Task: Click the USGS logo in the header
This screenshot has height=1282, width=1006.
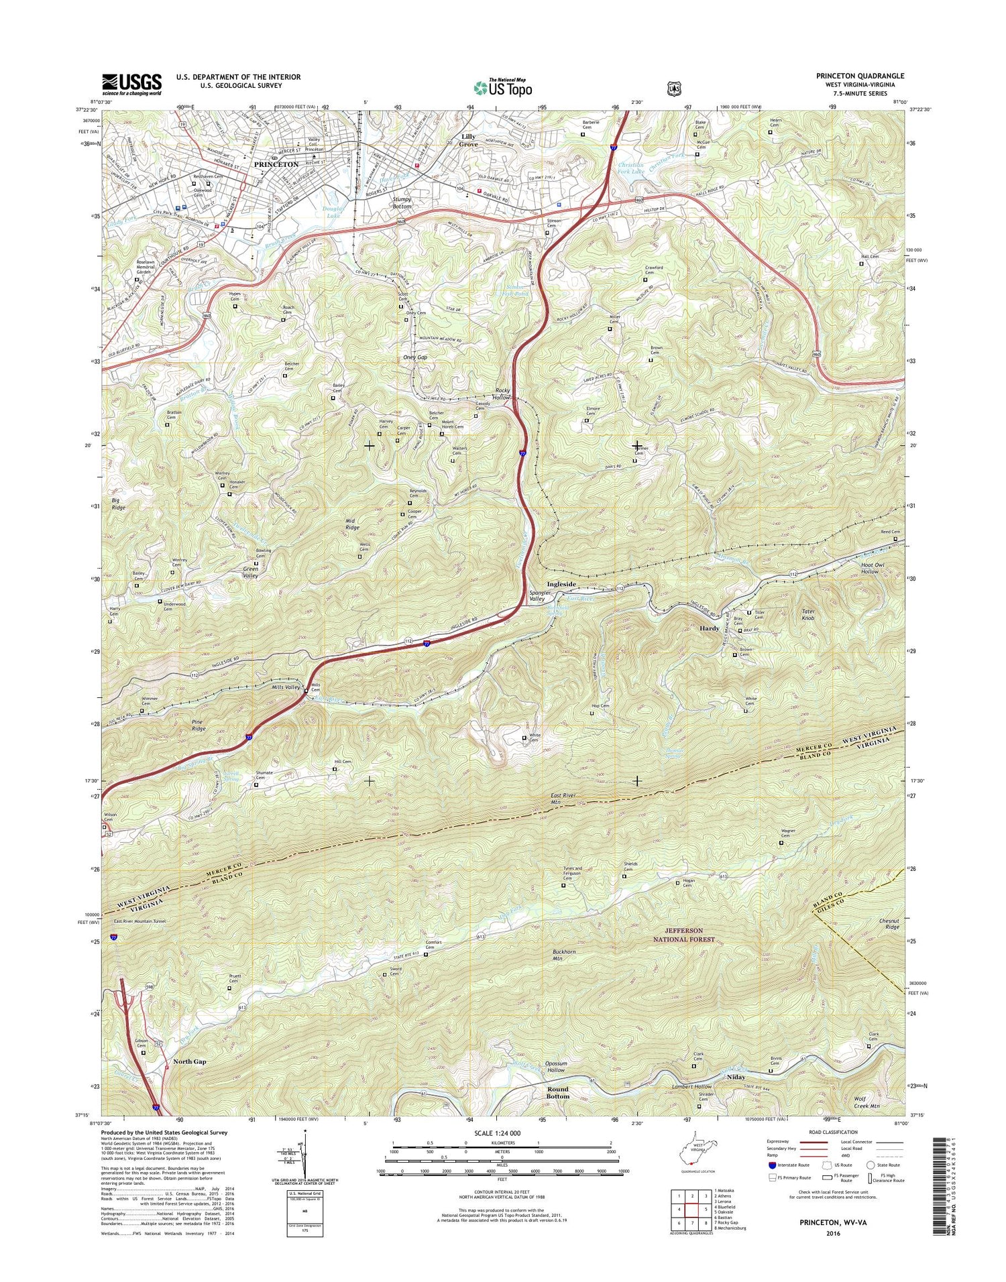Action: [131, 84]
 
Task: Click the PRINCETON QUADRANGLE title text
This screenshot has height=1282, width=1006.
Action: [860, 76]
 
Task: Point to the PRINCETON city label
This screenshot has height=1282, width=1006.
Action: [276, 164]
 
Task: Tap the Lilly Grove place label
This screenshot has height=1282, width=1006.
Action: [469, 140]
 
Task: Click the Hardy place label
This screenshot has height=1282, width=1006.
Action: [710, 628]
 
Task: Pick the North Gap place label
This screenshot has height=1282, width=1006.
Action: [190, 1061]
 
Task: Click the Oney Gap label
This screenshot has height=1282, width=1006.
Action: [414, 357]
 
